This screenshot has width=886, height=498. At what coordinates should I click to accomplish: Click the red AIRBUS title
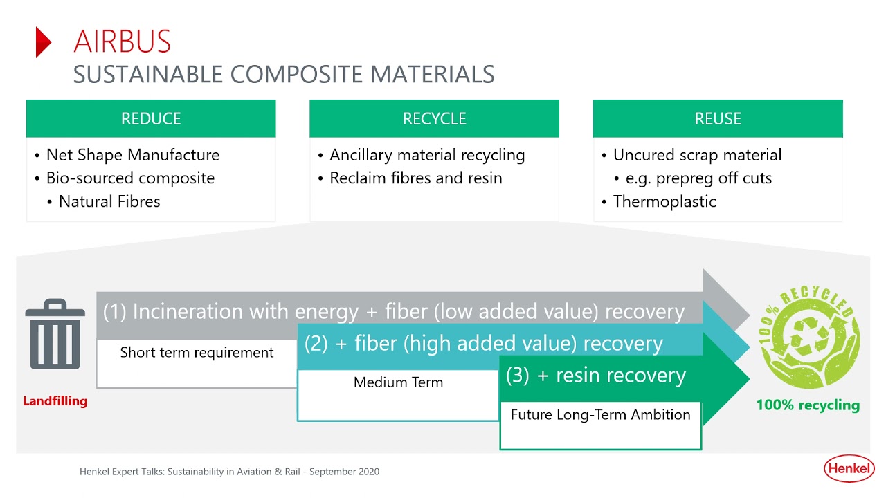click(x=122, y=41)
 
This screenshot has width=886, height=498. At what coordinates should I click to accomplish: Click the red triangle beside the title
click(x=44, y=42)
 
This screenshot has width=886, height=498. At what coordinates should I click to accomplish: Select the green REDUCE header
click(x=151, y=118)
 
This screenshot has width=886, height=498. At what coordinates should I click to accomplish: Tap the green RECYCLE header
click(x=434, y=118)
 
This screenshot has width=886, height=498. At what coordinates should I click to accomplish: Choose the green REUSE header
click(x=718, y=118)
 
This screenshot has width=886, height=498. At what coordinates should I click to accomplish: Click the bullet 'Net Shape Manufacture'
click(x=132, y=155)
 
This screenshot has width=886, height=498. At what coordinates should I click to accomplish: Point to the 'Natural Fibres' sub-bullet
click(x=109, y=201)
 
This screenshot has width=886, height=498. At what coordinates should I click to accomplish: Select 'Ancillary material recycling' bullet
click(x=426, y=155)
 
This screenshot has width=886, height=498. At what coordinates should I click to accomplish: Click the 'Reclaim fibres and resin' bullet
click(x=415, y=178)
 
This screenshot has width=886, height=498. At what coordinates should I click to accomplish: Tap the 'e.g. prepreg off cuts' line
click(x=698, y=178)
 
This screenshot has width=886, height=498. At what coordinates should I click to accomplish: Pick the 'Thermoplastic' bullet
click(x=664, y=201)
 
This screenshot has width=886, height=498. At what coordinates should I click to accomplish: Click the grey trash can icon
click(x=55, y=335)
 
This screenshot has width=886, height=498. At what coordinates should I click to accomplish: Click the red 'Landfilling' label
click(x=55, y=401)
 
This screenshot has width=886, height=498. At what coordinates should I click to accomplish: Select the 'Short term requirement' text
click(x=197, y=352)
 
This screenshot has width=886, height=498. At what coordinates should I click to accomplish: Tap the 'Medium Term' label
click(x=398, y=382)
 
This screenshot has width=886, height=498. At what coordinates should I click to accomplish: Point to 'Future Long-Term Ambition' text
click(x=600, y=414)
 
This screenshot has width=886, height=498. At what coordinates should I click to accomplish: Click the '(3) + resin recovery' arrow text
click(x=595, y=375)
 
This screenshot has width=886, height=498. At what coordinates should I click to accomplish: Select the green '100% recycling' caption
click(x=808, y=405)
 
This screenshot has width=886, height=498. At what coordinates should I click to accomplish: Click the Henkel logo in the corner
click(x=849, y=470)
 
